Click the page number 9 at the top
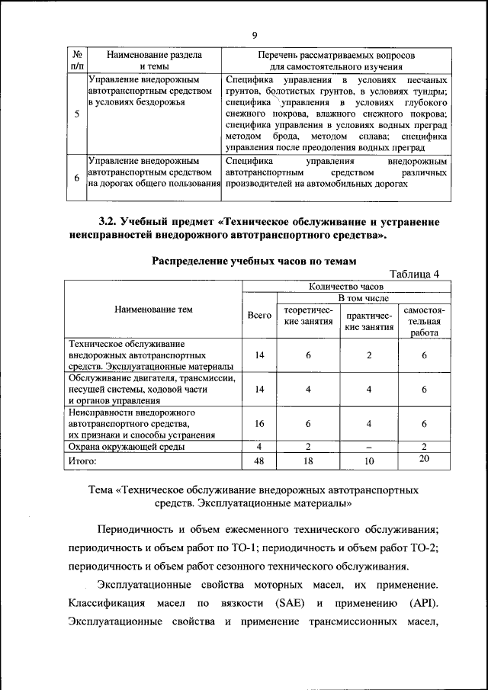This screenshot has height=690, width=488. pos(254,34)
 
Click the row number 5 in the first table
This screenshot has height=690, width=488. pos(76,114)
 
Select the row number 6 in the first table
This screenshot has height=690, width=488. pos(76,178)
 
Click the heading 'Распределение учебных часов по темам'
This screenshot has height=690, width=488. pos(254,261)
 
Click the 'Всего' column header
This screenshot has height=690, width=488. pos(259,315)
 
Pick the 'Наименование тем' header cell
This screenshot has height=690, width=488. pos(153,310)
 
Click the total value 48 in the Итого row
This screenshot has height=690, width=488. pos(259,461)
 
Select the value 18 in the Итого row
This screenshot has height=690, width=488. pos(308,461)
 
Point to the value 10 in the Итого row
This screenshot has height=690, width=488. pos(368,461)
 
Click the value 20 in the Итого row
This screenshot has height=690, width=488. pos(424,458)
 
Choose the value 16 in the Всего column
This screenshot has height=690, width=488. pos(259,424)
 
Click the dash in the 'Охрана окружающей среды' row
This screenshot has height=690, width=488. pos(368,447)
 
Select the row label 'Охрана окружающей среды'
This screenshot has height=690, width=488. pos(127,447)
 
